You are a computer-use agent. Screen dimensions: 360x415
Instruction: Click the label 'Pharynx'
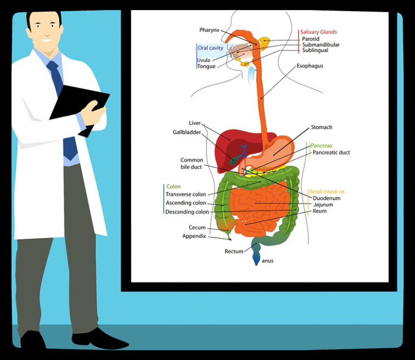tap(209, 30)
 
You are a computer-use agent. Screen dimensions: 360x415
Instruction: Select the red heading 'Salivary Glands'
tap(318, 32)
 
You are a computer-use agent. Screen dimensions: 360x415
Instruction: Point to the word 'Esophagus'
tap(310, 66)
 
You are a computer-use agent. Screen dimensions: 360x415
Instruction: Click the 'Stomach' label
tap(321, 127)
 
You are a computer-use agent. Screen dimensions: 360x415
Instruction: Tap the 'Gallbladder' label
tap(187, 132)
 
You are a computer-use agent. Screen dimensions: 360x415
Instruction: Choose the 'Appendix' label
tap(194, 236)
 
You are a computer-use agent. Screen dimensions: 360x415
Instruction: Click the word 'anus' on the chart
tap(267, 260)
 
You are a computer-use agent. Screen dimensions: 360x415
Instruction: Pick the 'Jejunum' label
tap(323, 205)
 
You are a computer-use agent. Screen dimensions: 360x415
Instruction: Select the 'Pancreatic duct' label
tap(331, 152)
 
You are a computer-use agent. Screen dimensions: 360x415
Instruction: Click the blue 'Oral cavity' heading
tap(211, 48)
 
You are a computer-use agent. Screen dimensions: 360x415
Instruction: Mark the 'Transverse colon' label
tap(185, 195)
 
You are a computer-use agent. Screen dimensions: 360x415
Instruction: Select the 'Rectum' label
tap(234, 251)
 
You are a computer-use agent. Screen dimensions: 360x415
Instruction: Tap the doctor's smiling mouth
tap(45, 40)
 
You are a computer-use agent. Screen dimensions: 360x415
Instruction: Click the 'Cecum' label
tap(197, 228)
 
